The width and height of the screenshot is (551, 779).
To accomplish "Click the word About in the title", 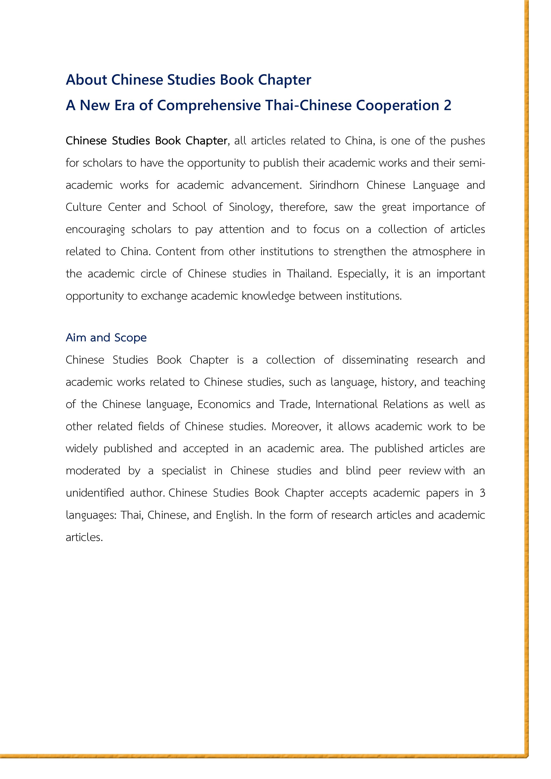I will [87, 80].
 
